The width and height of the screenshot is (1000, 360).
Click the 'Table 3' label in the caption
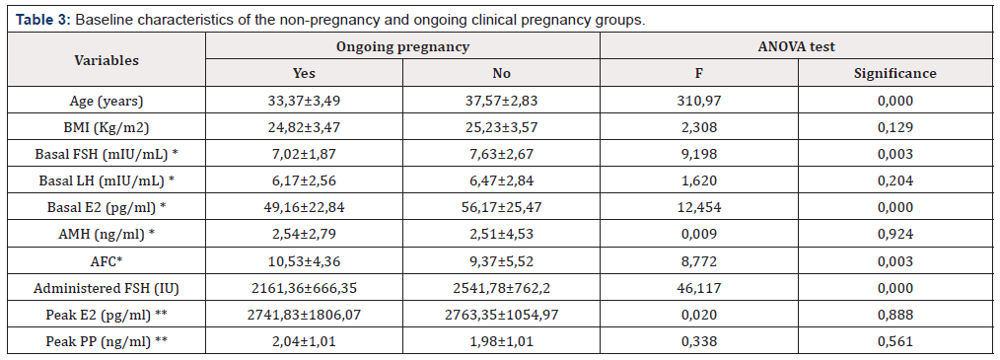click(x=42, y=19)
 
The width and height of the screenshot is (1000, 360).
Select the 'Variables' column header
click(x=107, y=60)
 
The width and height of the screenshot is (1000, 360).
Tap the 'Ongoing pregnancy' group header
click(x=402, y=46)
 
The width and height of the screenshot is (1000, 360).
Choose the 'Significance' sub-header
click(x=894, y=73)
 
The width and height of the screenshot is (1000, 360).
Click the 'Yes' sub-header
click(x=304, y=73)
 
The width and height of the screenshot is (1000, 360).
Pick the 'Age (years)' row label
click(x=107, y=101)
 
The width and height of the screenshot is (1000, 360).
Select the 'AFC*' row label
click(x=107, y=261)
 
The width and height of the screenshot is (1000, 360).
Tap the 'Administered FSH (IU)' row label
click(x=107, y=289)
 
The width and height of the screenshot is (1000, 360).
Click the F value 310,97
click(x=699, y=101)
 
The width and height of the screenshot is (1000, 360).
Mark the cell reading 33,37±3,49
click(x=304, y=101)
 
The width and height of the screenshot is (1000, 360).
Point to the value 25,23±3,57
click(x=501, y=127)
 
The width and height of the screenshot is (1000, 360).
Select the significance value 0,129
click(x=894, y=127)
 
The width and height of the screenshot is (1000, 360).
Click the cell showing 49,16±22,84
click(x=304, y=208)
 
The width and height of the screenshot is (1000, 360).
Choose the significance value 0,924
click(x=894, y=235)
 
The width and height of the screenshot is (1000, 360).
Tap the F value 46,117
click(x=699, y=289)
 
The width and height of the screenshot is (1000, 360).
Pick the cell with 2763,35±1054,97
click(x=501, y=316)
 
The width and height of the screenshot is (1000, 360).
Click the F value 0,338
click(x=699, y=342)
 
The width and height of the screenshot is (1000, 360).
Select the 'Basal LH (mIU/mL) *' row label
click(x=107, y=181)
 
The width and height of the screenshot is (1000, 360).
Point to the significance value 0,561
click(x=894, y=342)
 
